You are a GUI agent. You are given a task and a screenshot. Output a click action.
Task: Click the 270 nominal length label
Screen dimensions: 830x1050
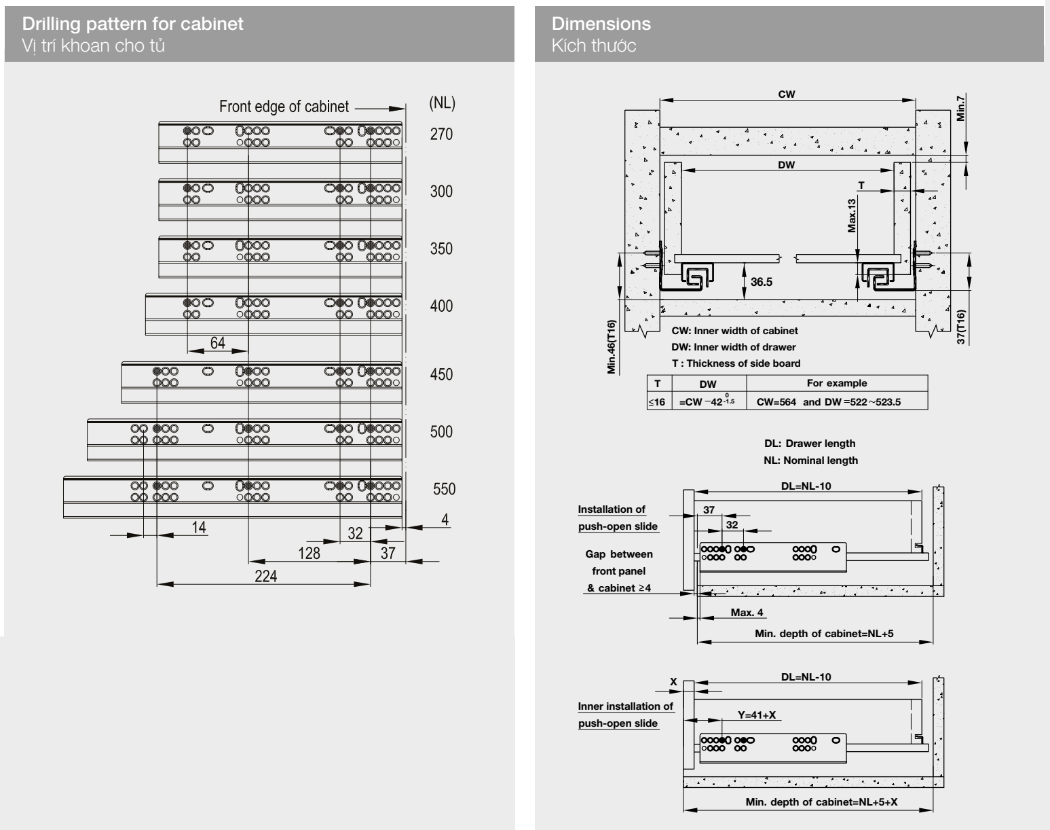[x=441, y=134]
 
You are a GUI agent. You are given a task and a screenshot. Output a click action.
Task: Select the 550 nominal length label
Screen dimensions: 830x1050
[x=444, y=489]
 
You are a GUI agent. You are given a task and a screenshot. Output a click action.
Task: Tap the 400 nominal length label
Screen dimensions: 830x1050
[x=441, y=306]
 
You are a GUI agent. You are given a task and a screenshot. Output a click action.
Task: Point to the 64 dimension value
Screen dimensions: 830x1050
[x=217, y=343]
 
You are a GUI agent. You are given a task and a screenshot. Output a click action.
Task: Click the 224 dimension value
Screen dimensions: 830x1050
[x=266, y=576]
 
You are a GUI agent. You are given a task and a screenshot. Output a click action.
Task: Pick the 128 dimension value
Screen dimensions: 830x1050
[x=309, y=553]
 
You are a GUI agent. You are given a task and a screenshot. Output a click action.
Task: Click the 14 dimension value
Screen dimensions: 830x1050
[x=199, y=527]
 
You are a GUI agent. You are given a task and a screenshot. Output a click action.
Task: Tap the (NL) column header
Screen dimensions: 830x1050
[x=443, y=103]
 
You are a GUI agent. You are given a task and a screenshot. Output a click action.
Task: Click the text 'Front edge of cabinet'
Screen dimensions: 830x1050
[x=284, y=107]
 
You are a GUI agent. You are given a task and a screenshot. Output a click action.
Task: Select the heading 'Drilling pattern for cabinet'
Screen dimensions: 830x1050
[x=133, y=24]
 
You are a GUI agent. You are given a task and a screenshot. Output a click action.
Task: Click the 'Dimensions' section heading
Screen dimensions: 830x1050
[x=601, y=24]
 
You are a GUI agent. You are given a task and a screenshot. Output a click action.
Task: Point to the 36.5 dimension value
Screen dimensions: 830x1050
[x=762, y=282]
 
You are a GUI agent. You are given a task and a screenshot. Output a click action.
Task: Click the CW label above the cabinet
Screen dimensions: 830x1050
[x=787, y=94]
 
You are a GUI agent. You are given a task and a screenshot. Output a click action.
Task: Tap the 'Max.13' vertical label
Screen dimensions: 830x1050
[x=852, y=215]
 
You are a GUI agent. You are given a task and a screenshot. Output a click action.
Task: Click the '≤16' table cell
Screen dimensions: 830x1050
[x=656, y=402]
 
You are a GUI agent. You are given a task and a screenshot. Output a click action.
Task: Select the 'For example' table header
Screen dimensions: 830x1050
[x=836, y=383]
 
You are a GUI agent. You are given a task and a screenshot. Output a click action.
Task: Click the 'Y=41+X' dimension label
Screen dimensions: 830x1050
[x=757, y=715]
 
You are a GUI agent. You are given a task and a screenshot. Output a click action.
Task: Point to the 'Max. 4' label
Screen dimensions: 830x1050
[x=747, y=613]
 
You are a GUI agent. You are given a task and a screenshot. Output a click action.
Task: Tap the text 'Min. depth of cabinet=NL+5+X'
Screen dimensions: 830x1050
[x=821, y=802]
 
